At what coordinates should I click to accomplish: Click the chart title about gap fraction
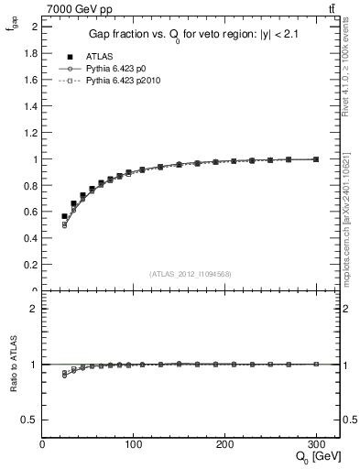[x=192, y=35]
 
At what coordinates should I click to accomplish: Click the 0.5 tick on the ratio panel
[x=31, y=420]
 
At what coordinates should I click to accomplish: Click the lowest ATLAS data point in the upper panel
[x=64, y=216]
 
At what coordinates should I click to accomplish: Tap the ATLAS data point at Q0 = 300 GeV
[x=316, y=159]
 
